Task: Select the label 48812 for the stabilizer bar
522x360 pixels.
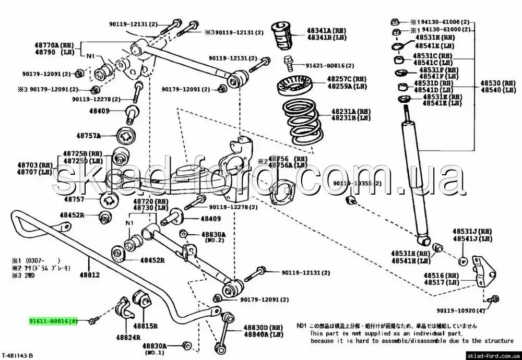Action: tap(89, 274)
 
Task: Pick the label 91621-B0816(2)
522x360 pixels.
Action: tap(329, 66)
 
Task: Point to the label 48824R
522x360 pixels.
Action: tap(128, 337)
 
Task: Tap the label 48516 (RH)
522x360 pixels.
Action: tap(442, 275)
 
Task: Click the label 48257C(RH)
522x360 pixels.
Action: tap(347, 79)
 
